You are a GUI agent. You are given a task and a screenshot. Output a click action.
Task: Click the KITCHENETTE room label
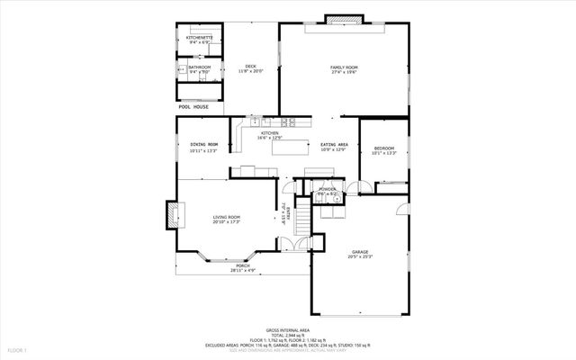(198, 37)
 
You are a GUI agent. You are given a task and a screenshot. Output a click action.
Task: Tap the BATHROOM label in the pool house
(200, 67)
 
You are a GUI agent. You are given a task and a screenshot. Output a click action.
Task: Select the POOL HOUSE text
(193, 107)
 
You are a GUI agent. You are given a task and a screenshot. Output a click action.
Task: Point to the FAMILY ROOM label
(344, 67)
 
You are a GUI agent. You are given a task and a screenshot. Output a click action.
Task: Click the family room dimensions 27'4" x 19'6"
(344, 74)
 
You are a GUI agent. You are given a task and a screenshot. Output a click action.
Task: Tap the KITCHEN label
(270, 133)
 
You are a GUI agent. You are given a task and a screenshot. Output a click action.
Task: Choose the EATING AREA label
(335, 144)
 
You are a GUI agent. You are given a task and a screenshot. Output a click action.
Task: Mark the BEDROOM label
(384, 148)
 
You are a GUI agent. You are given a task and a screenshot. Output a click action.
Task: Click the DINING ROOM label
(204, 145)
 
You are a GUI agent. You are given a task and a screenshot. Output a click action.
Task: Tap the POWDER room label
(327, 189)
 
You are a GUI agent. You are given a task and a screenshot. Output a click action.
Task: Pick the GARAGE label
(359, 251)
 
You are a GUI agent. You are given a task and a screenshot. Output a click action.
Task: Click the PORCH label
(243, 265)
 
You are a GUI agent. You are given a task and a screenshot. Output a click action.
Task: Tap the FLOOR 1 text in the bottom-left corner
(18, 349)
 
